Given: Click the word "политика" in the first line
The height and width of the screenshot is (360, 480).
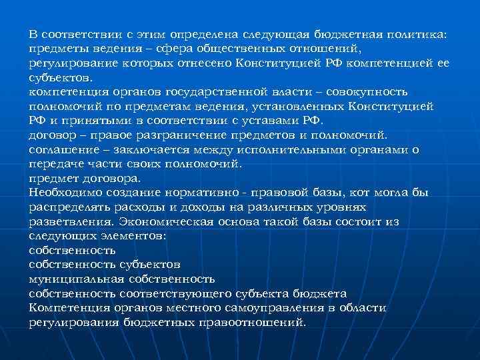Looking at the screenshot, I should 419,33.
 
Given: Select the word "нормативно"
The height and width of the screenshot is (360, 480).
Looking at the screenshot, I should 212,193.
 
